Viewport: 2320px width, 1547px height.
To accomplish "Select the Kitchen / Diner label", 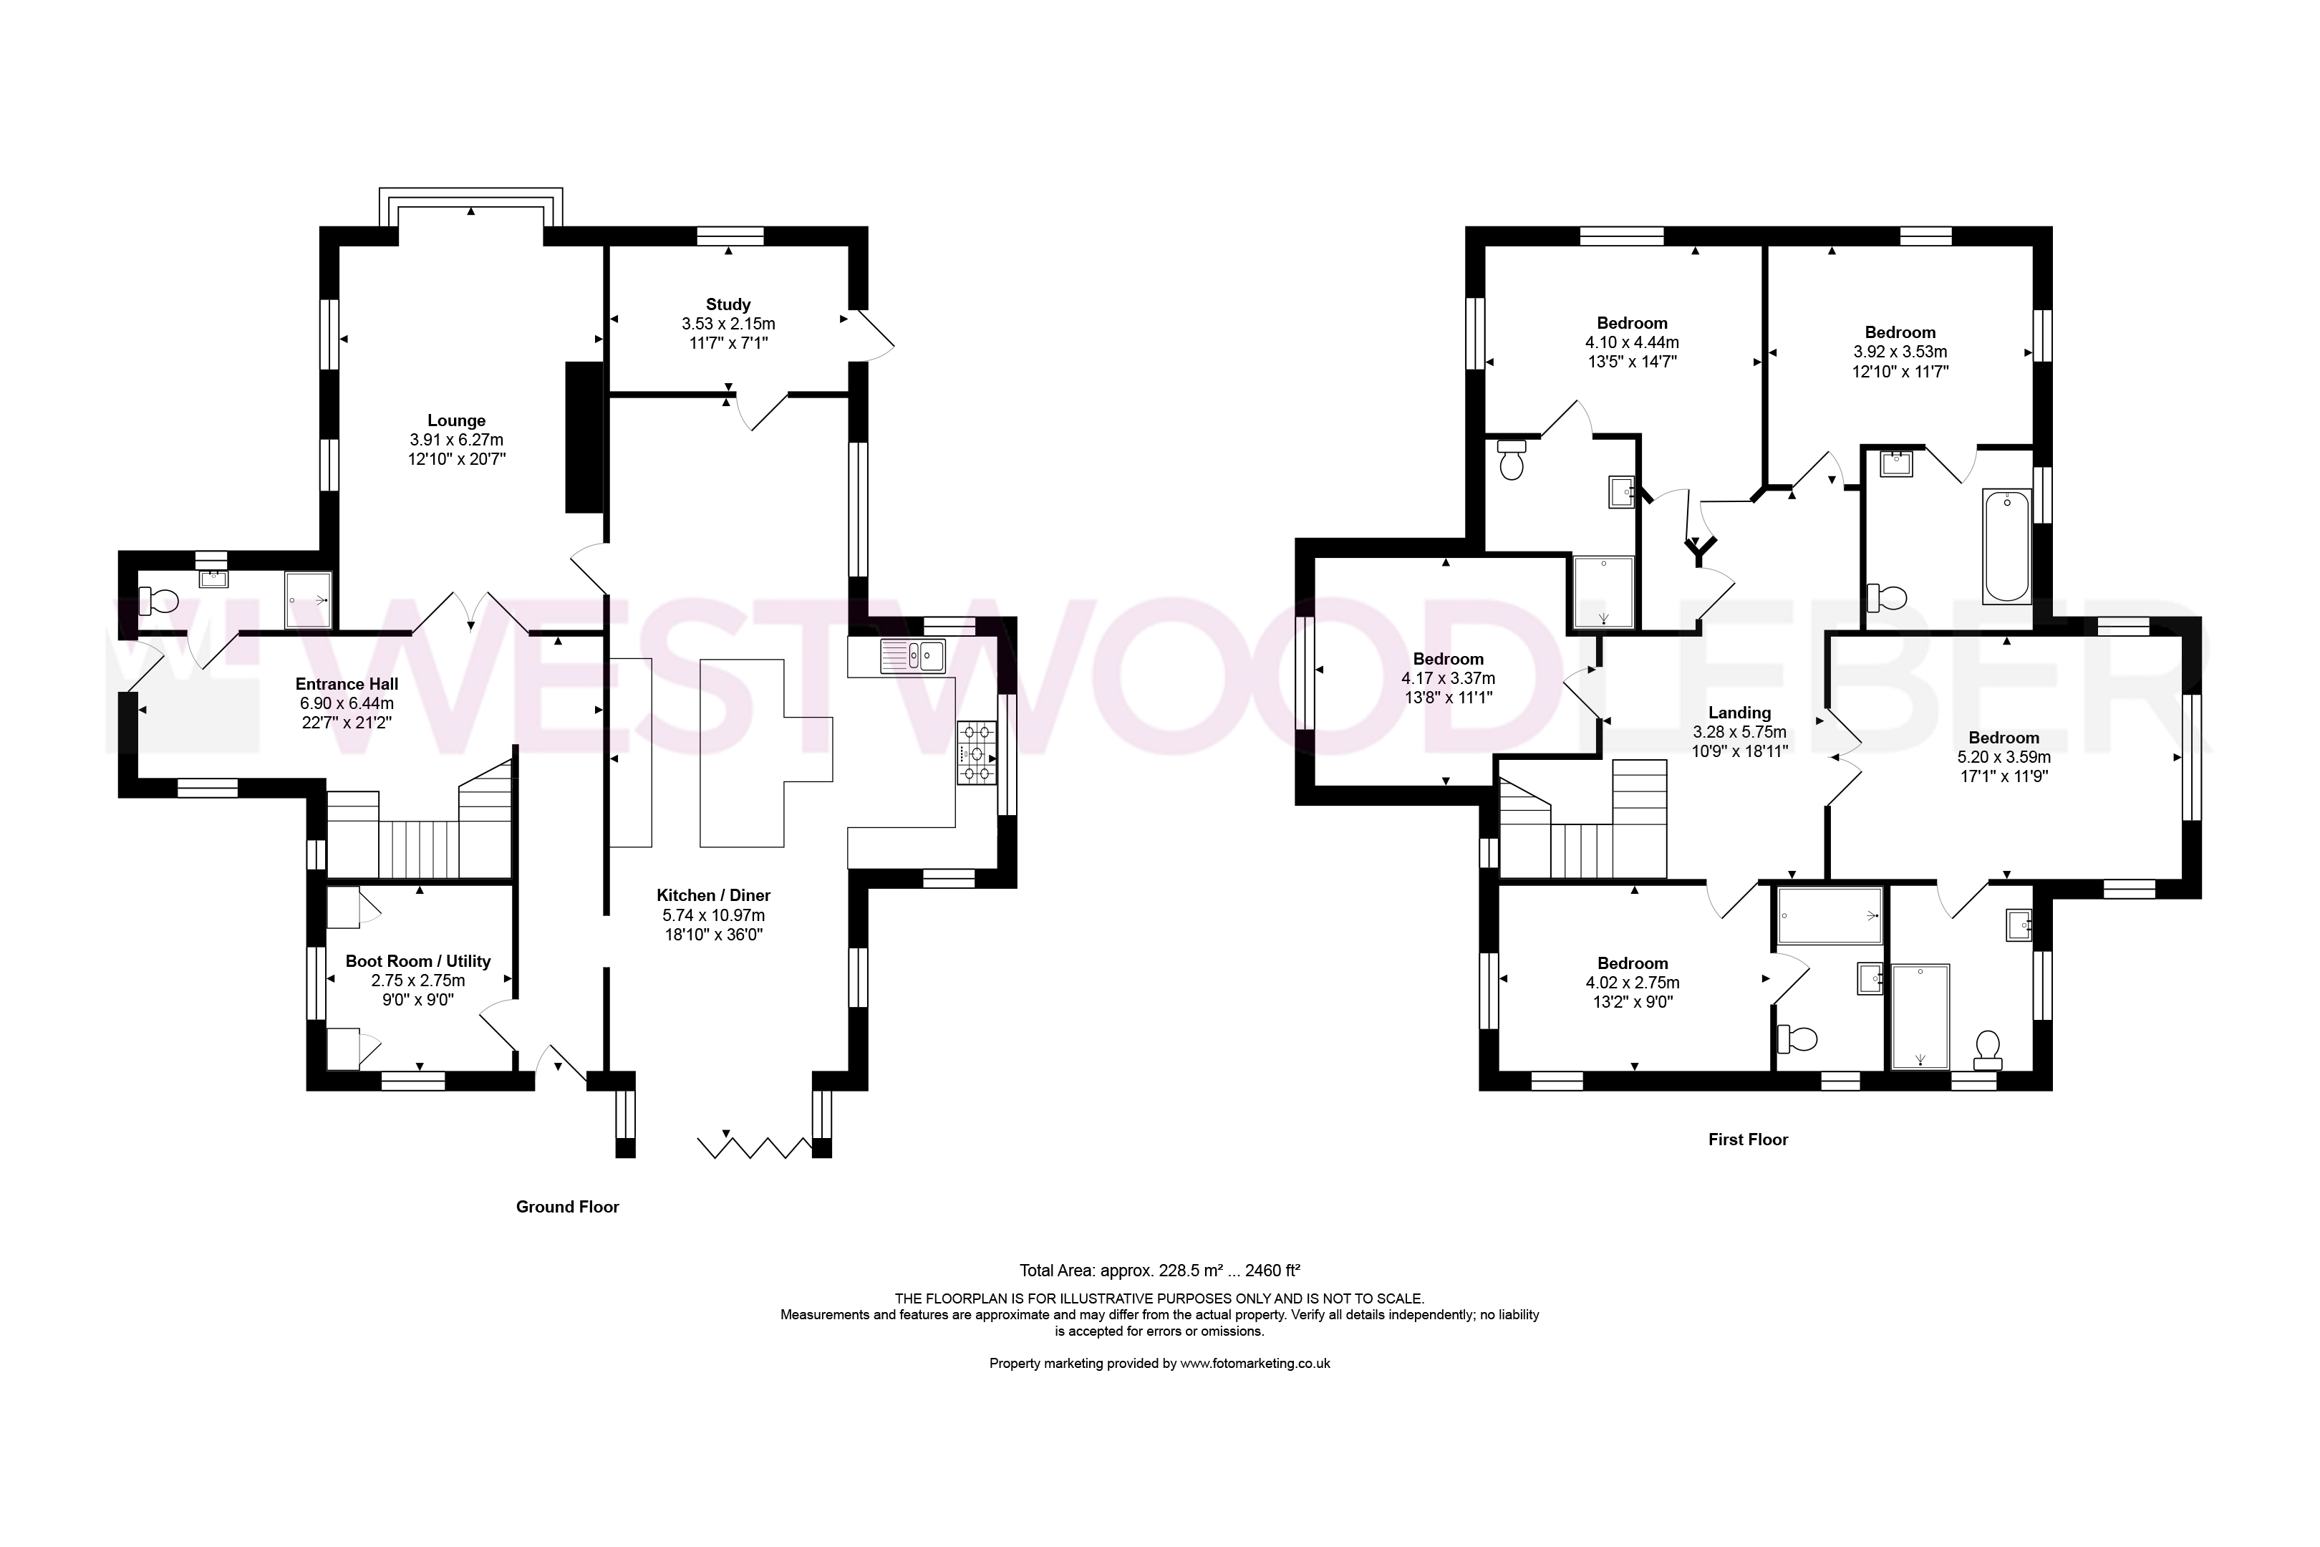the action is point(713,896).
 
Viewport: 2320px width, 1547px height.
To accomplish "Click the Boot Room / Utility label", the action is point(418,961).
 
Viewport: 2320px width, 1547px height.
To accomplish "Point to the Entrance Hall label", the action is point(347,684).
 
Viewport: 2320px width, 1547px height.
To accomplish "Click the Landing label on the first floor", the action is point(1739,713).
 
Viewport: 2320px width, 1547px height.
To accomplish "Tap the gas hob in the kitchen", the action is point(977,753).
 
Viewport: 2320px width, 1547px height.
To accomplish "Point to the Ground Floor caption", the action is point(567,1207).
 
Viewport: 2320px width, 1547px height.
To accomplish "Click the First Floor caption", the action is point(1748,1139).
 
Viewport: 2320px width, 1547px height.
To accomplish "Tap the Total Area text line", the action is point(1160,1271).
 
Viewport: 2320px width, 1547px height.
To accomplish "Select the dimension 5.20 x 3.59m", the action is point(2004,758).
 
